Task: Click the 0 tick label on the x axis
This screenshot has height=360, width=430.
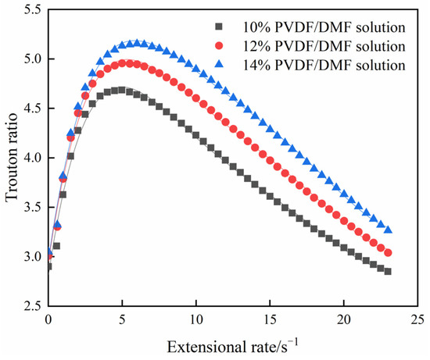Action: click(x=48, y=320)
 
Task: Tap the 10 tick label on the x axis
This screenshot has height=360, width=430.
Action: click(x=195, y=320)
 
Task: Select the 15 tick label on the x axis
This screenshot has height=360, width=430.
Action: click(x=270, y=320)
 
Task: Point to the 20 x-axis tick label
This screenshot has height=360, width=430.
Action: click(x=343, y=320)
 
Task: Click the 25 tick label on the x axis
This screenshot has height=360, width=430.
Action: click(x=417, y=320)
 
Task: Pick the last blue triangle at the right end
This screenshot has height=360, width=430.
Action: click(x=388, y=230)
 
